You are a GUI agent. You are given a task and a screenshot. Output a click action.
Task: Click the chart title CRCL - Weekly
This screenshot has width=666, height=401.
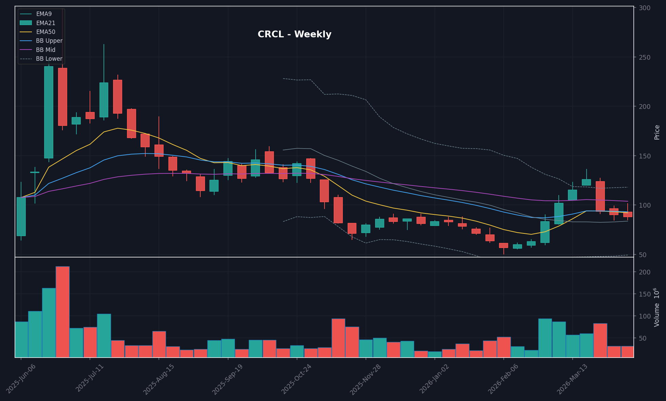click(x=294, y=34)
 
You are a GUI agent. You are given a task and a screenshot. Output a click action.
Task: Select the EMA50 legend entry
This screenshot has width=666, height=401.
click(x=45, y=32)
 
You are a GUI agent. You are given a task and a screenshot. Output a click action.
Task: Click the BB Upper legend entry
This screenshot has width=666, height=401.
click(x=49, y=41)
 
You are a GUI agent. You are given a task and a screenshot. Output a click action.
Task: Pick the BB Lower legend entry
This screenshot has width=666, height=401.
click(x=49, y=59)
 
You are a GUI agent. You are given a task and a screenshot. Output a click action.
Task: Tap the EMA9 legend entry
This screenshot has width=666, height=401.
click(x=44, y=14)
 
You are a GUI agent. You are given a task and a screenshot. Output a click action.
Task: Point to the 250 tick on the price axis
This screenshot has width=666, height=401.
click(x=644, y=57)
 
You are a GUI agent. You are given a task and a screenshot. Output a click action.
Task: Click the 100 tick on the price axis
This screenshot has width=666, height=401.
click(x=644, y=205)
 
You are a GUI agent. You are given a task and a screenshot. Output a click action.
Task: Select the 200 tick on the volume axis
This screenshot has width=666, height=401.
click(x=644, y=272)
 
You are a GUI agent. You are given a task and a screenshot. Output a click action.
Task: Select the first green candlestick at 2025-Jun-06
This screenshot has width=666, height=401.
click(x=21, y=216)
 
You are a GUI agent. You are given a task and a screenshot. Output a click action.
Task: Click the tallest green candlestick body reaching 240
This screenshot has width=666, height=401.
click(x=49, y=112)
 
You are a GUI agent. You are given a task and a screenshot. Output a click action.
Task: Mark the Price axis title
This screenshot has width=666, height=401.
click(x=657, y=132)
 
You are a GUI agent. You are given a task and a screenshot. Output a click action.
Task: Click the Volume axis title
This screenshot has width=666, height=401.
click(x=657, y=307)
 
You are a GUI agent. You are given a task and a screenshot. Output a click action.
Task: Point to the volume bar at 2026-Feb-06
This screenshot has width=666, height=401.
click(x=504, y=347)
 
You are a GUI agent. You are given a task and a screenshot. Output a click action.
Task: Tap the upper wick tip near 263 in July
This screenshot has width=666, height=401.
click(x=104, y=45)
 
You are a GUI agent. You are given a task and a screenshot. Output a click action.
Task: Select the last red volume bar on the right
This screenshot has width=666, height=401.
click(x=627, y=351)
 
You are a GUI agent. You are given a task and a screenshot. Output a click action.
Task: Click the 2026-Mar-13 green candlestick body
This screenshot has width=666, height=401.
click(x=572, y=195)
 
